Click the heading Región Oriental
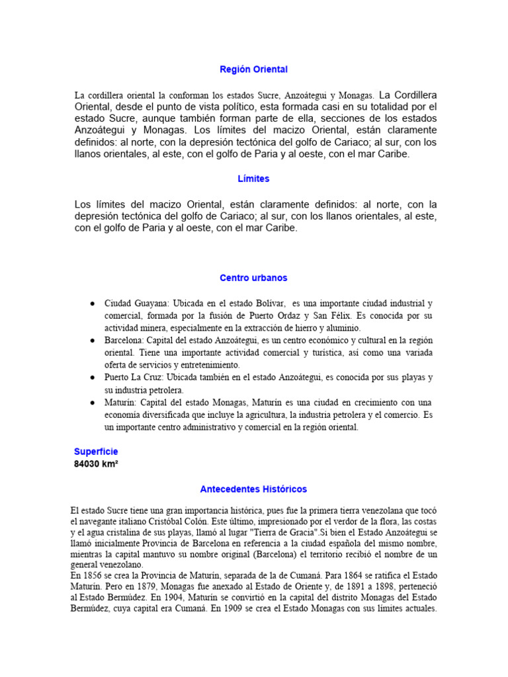click(254, 69)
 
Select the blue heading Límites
click(254, 179)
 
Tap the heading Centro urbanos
click(254, 278)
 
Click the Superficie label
click(96, 451)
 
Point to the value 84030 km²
click(96, 463)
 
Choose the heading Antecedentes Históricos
click(254, 489)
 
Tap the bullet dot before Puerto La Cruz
click(91, 378)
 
